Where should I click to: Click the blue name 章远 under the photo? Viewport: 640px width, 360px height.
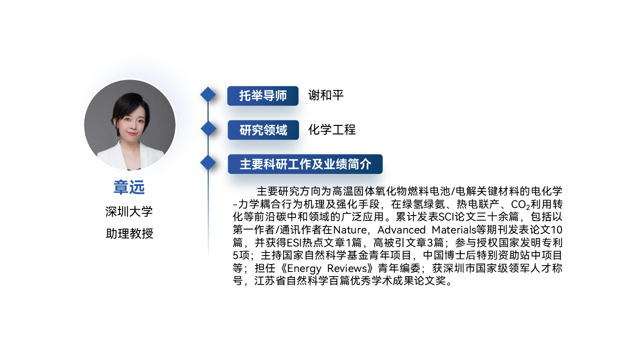click(129, 187)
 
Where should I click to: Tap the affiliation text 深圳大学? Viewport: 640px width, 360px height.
click(129, 211)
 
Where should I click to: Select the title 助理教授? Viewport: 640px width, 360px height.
click(129, 233)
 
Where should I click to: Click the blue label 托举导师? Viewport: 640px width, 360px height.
click(263, 95)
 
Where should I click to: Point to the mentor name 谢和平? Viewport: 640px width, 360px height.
click(325, 95)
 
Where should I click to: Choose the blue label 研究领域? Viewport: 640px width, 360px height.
click(263, 130)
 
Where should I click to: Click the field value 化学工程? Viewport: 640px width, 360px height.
click(332, 129)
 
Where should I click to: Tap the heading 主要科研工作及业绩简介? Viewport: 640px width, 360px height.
click(305, 164)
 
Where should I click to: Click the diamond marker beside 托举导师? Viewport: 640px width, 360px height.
click(208, 94)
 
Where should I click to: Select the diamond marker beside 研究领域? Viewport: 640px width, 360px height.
click(208, 128)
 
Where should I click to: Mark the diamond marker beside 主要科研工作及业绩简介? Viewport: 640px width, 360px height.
click(208, 163)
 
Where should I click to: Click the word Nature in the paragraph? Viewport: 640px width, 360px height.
click(349, 229)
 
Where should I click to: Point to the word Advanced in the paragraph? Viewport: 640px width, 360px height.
click(401, 229)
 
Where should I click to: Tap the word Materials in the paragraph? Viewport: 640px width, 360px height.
click(454, 229)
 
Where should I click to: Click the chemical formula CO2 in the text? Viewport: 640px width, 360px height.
click(520, 204)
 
